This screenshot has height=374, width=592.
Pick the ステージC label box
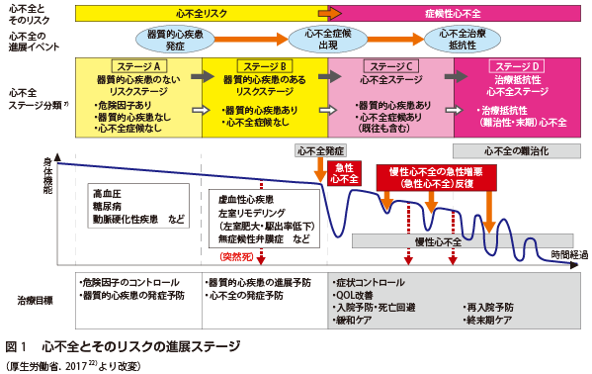389,64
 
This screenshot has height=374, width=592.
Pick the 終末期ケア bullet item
491,322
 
